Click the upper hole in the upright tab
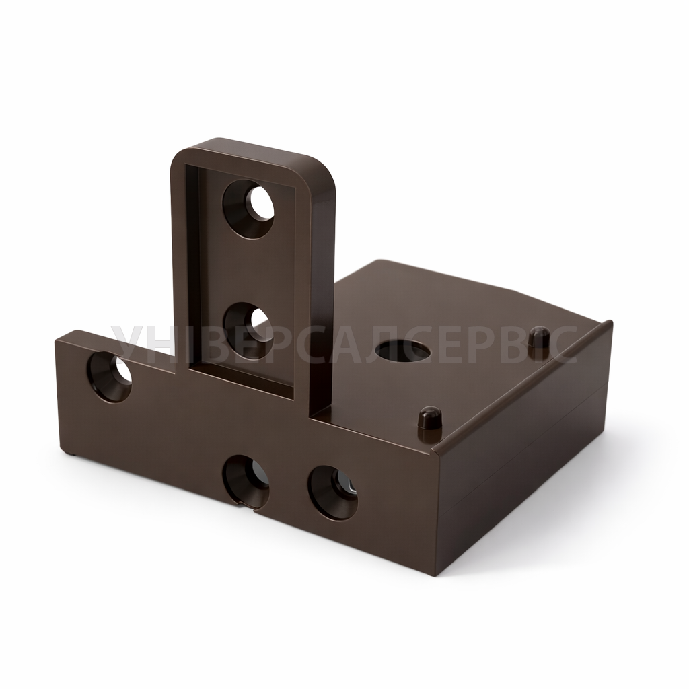coord(248,209)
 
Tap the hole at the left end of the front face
coord(110,377)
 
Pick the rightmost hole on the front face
coord(332,492)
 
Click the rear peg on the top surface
coord(540,336)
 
